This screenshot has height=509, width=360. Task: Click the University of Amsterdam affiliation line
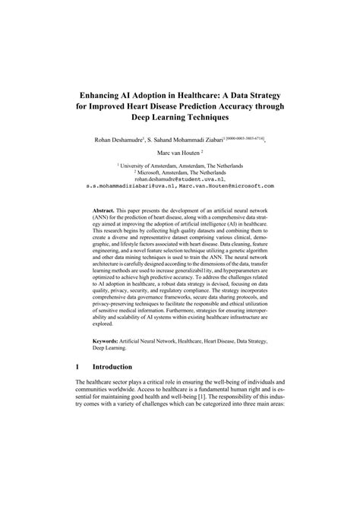pyautogui.click(x=181, y=165)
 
